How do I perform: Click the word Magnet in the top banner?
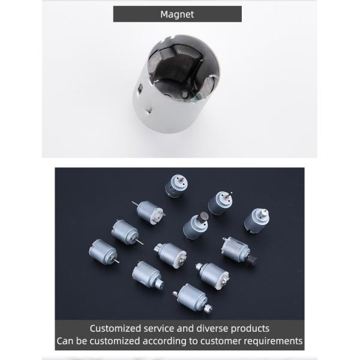177,14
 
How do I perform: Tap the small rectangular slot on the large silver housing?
140,89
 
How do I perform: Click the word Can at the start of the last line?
65,341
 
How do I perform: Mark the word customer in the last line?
223,341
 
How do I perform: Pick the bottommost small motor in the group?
191,296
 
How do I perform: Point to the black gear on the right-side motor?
253,260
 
